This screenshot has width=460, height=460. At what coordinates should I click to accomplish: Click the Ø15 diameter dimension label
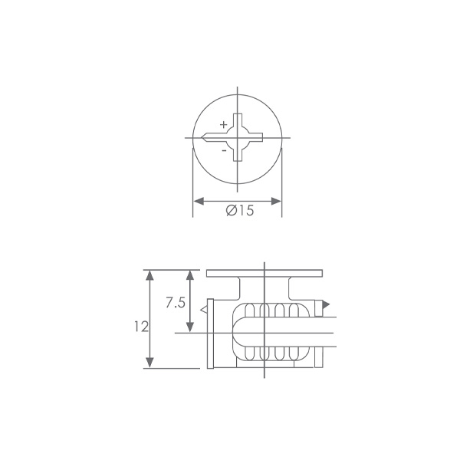240,210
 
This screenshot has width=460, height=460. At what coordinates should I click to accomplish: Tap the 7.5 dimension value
176,303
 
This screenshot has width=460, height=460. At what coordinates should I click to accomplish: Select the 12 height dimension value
141,327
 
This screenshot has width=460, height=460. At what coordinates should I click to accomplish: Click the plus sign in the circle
224,125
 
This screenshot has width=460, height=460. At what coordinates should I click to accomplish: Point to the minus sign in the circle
224,150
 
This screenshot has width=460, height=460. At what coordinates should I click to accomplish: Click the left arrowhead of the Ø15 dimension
199,201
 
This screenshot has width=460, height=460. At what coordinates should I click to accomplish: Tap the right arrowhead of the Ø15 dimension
276,201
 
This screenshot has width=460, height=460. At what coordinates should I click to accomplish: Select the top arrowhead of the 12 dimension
150,275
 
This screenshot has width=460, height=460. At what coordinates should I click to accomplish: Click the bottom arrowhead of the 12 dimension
150,363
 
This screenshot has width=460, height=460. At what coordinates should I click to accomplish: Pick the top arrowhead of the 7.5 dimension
190,275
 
